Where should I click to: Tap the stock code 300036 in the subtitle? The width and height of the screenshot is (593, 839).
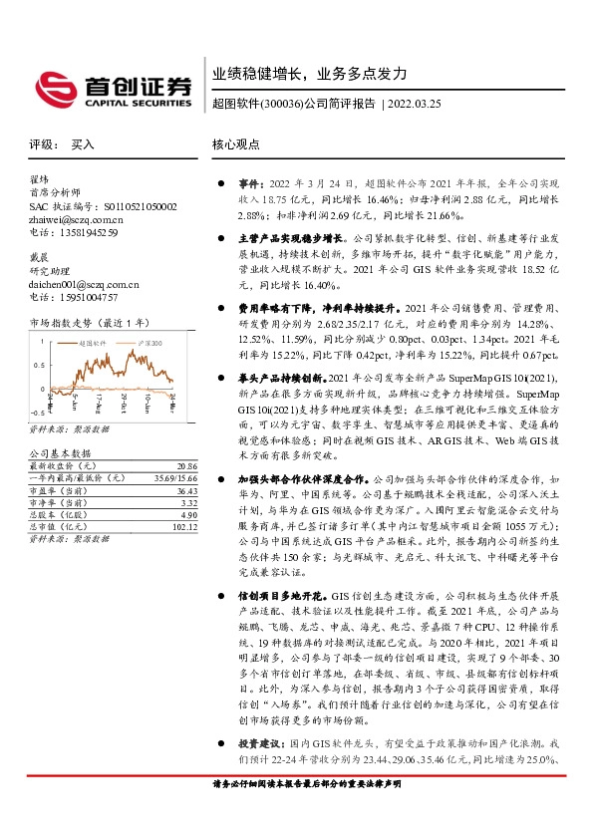[282, 103]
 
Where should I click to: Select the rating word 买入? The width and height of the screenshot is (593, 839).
[83, 143]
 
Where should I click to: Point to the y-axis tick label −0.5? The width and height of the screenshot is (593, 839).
[38, 411]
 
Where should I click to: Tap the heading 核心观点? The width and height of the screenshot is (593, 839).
[237, 143]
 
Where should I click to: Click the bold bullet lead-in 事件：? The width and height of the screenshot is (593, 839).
[248, 184]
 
